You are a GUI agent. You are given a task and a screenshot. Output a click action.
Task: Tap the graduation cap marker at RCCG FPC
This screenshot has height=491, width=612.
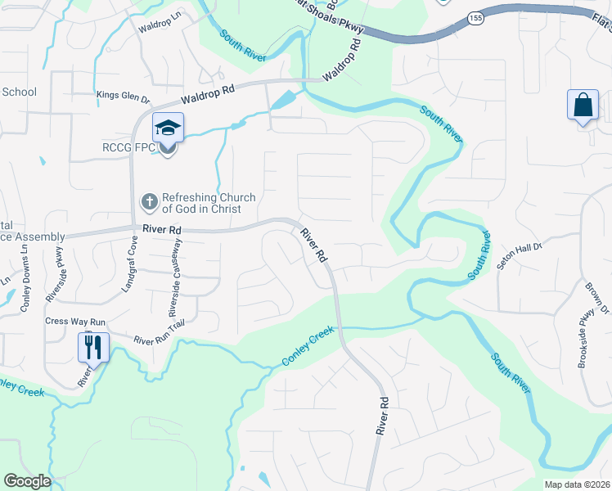point(168,129)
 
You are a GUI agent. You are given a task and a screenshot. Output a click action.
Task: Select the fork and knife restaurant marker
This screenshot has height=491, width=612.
point(92,347)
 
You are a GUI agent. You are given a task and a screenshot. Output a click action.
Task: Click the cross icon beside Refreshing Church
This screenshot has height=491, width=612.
point(150,200)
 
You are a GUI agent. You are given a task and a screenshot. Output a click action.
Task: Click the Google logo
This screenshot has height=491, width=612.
point(28,481)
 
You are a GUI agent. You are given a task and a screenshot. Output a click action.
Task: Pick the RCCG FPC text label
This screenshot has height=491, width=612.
point(128,148)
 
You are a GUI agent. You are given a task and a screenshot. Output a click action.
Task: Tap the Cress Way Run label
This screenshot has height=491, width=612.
point(76,322)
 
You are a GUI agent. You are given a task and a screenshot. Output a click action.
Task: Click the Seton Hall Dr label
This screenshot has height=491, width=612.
point(532,254)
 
